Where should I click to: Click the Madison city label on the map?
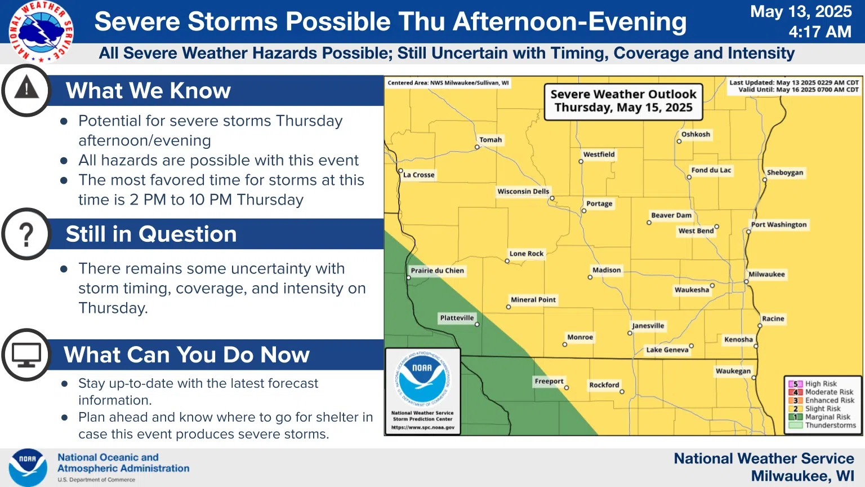pos(607,270)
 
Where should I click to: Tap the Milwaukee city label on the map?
pos(766,275)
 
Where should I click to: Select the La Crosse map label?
pos(418,175)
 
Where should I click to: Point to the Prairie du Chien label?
pos(437,271)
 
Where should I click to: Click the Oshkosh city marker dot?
pos(679,141)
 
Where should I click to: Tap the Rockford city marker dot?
pos(622,392)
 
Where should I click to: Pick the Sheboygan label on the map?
pos(784,172)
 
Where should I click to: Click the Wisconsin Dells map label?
pos(523,191)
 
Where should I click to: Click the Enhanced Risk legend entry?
pos(822,400)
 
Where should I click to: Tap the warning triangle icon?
pos(26,87)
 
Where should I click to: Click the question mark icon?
pos(26,234)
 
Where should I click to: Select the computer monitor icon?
pos(26,355)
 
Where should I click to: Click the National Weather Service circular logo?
pos(41,32)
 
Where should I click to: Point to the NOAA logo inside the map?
pos(423,379)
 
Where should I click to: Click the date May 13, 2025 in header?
pos(801,12)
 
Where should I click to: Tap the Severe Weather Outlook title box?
pos(623,102)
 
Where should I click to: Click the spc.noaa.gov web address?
pos(423,427)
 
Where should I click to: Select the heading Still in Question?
pos(151,234)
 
